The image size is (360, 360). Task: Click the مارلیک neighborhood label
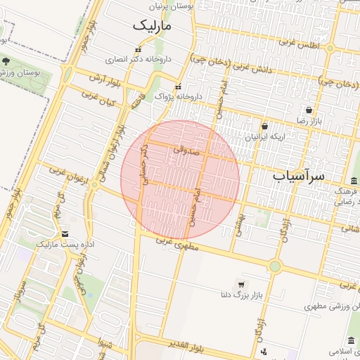[x=152, y=25]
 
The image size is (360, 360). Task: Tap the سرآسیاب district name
[x=298, y=176]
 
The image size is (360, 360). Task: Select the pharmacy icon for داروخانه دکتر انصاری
[x=138, y=50]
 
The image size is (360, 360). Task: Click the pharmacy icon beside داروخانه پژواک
[x=178, y=86]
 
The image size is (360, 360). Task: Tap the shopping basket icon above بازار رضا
[x=309, y=110]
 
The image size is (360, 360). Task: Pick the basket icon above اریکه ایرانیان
[x=264, y=126]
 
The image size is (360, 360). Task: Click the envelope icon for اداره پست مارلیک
[x=65, y=233]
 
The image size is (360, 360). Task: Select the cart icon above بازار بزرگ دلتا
[x=242, y=284]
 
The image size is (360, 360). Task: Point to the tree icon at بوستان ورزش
[x=6, y=63]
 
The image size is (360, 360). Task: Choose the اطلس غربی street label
[x=299, y=44]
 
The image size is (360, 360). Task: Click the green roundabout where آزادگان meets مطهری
[x=274, y=266]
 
